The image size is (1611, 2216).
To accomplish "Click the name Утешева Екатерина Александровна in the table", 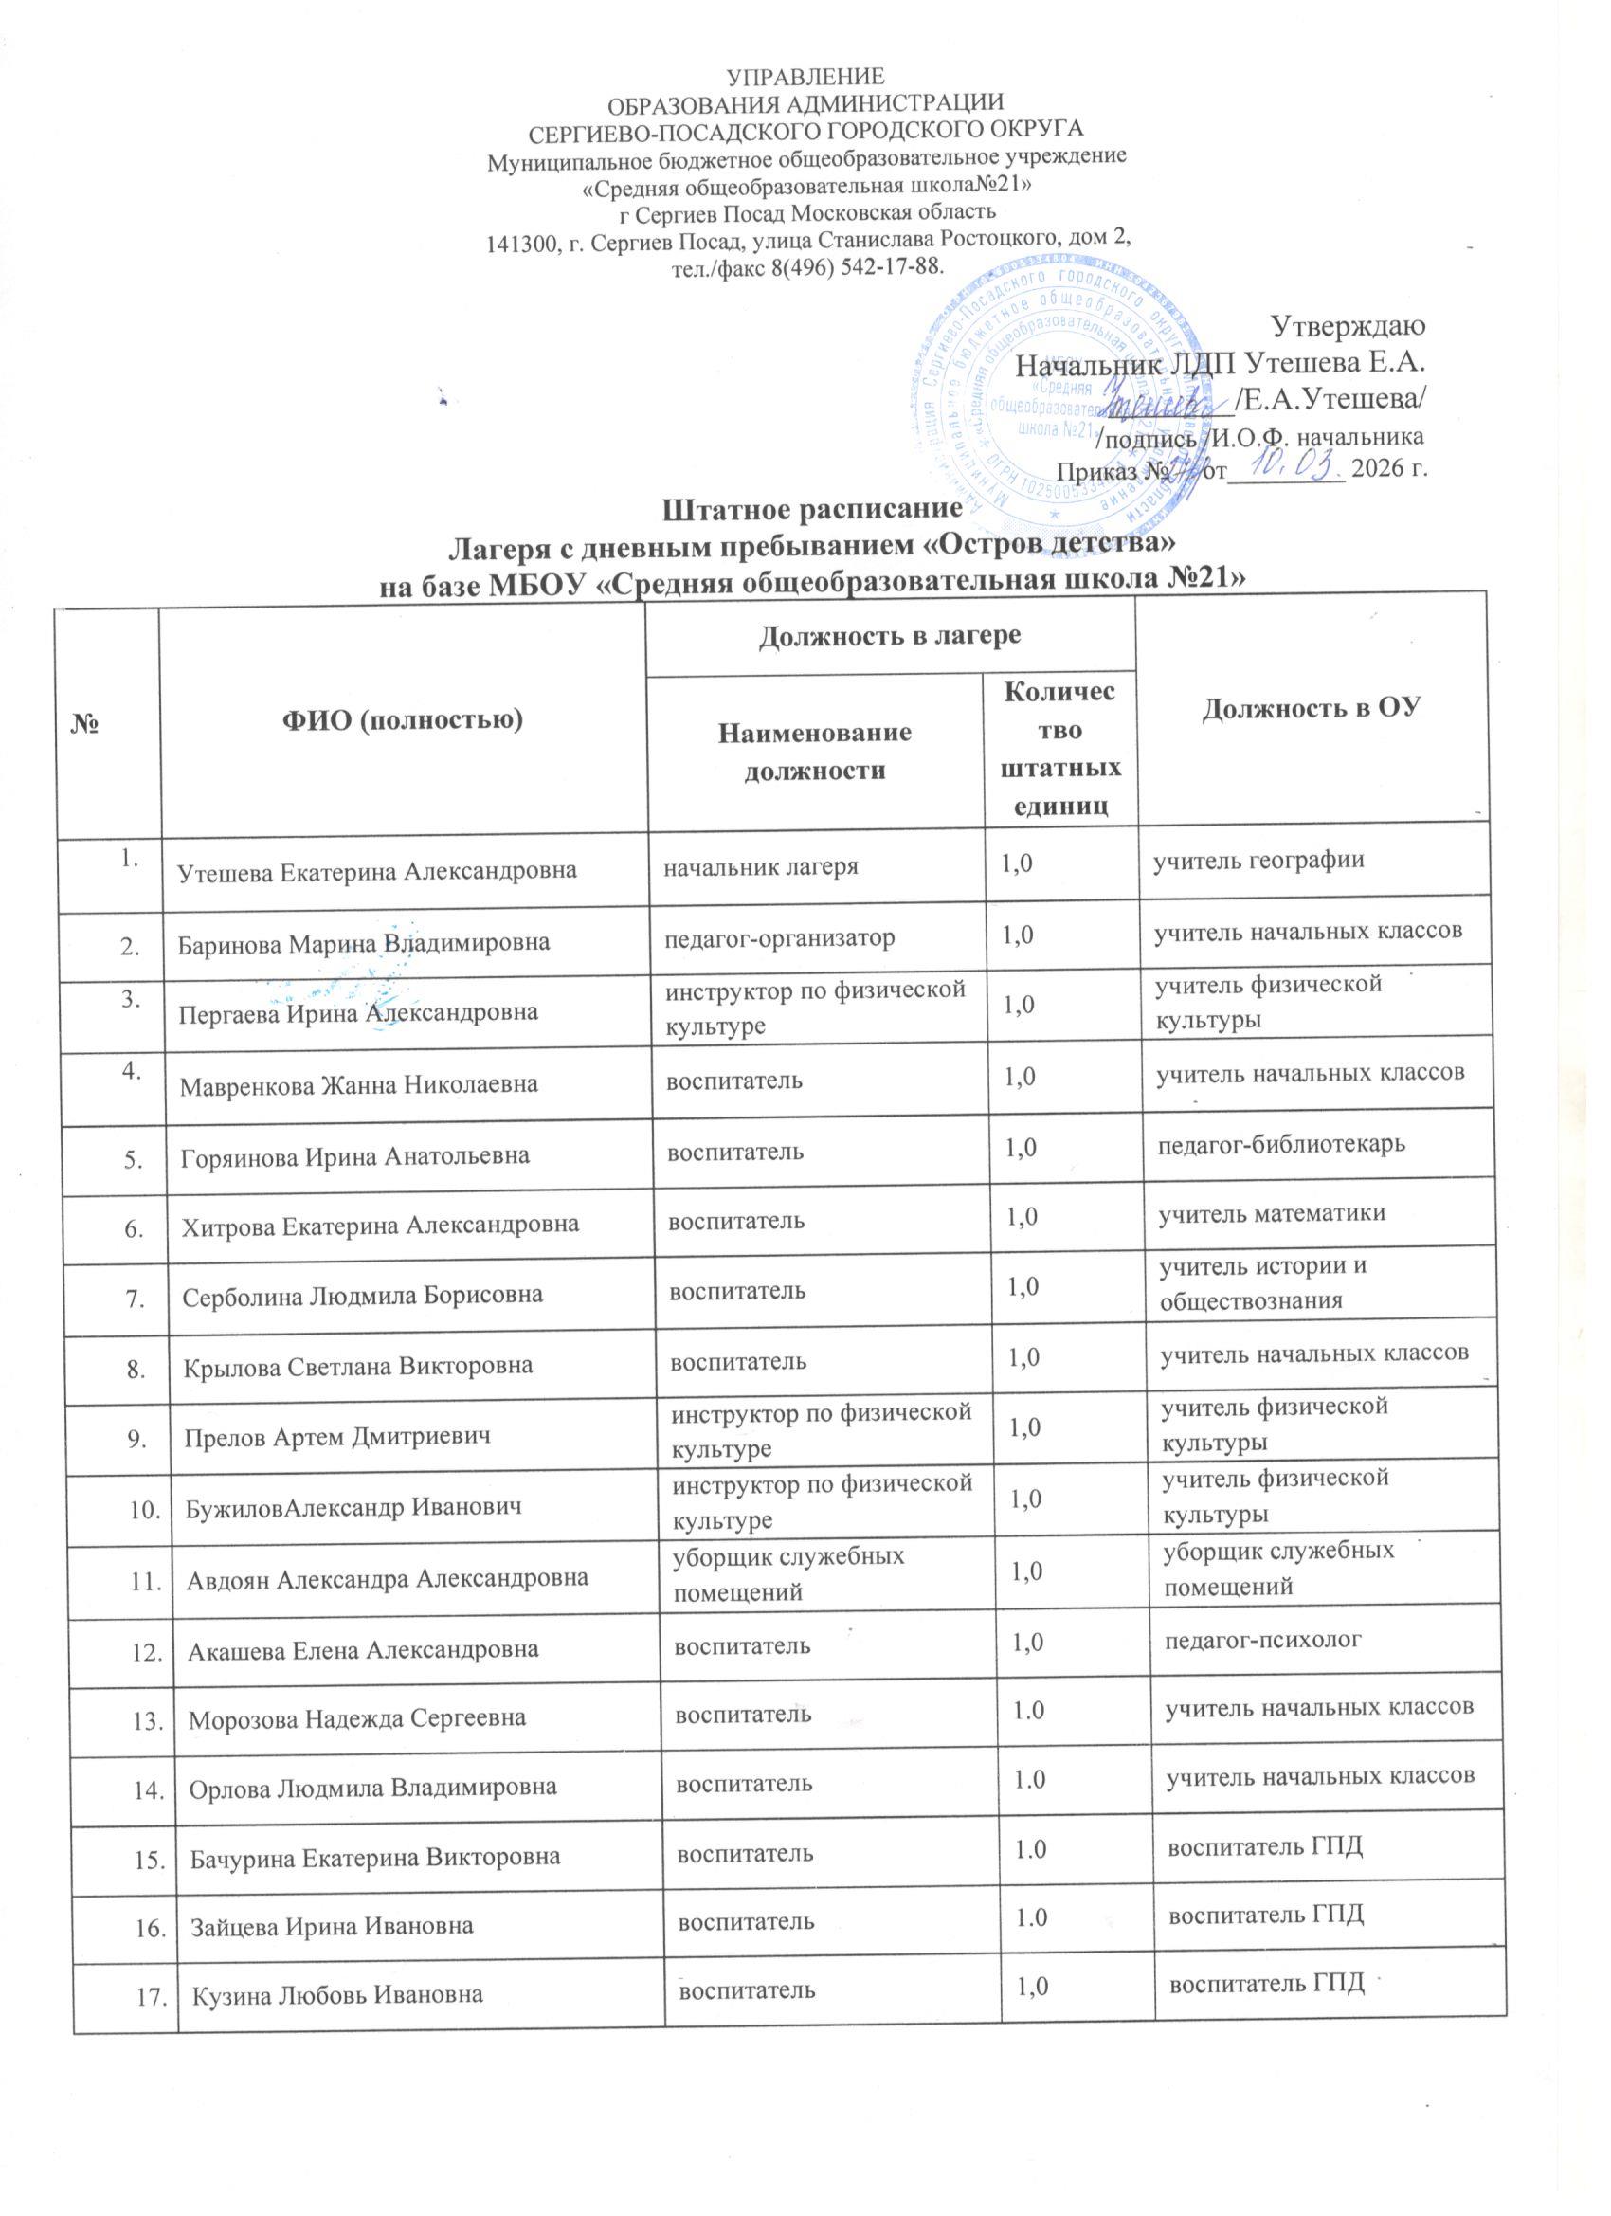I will pyautogui.click(x=376, y=872).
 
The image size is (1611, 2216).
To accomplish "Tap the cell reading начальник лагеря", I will pyautogui.click(x=761, y=865).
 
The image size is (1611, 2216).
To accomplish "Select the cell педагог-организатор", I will pyautogui.click(x=780, y=938).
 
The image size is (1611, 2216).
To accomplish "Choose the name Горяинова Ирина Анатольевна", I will pyautogui.click(x=355, y=1156).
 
